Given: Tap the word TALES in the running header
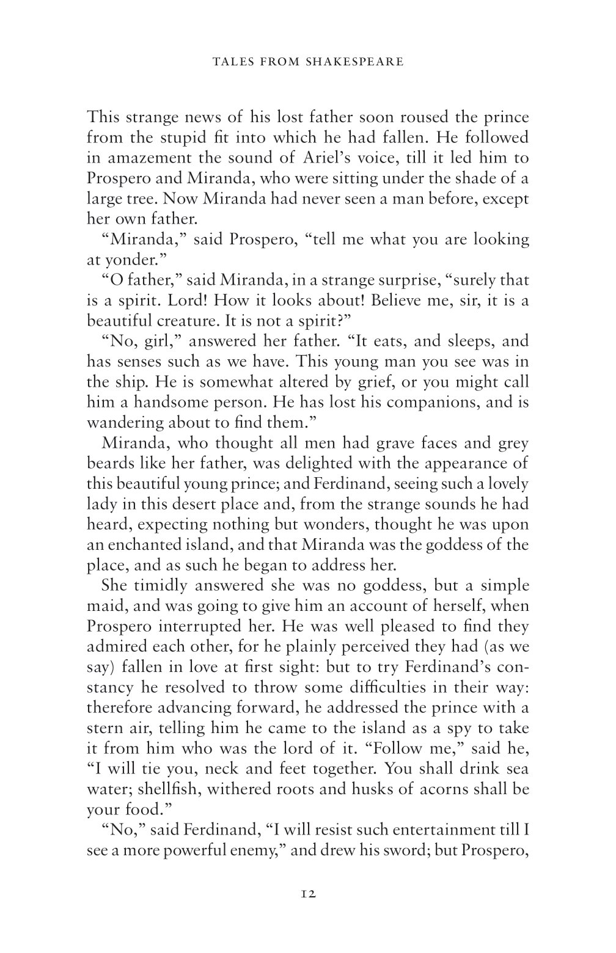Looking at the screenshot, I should coord(229,61).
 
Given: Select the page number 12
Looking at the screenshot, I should coord(308,893).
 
